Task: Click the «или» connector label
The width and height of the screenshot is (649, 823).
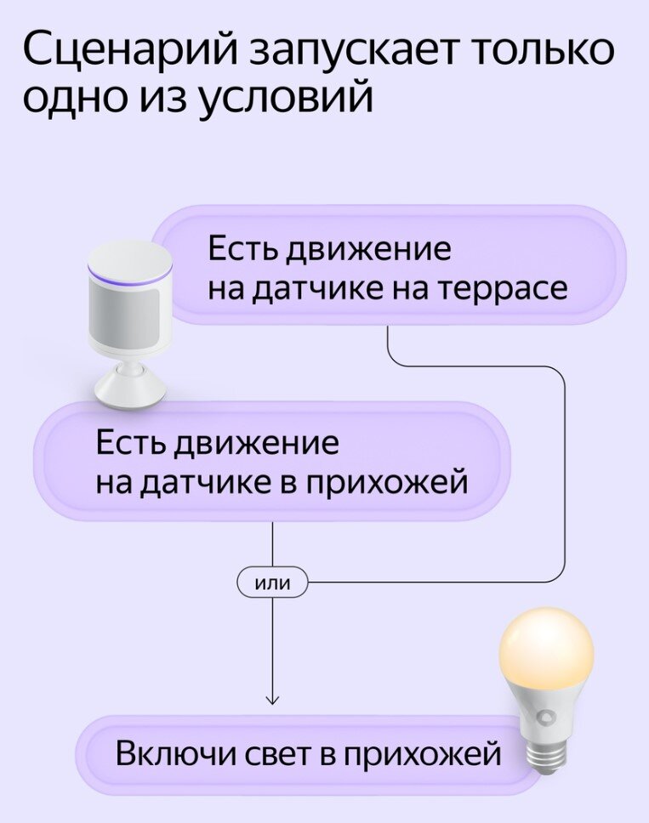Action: (272, 583)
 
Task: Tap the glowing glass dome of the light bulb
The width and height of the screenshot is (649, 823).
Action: (544, 653)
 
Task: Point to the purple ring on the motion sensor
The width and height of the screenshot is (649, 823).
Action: (129, 279)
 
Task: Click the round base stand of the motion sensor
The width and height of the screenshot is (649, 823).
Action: (129, 389)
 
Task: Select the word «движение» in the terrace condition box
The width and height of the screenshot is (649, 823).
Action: (367, 250)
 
